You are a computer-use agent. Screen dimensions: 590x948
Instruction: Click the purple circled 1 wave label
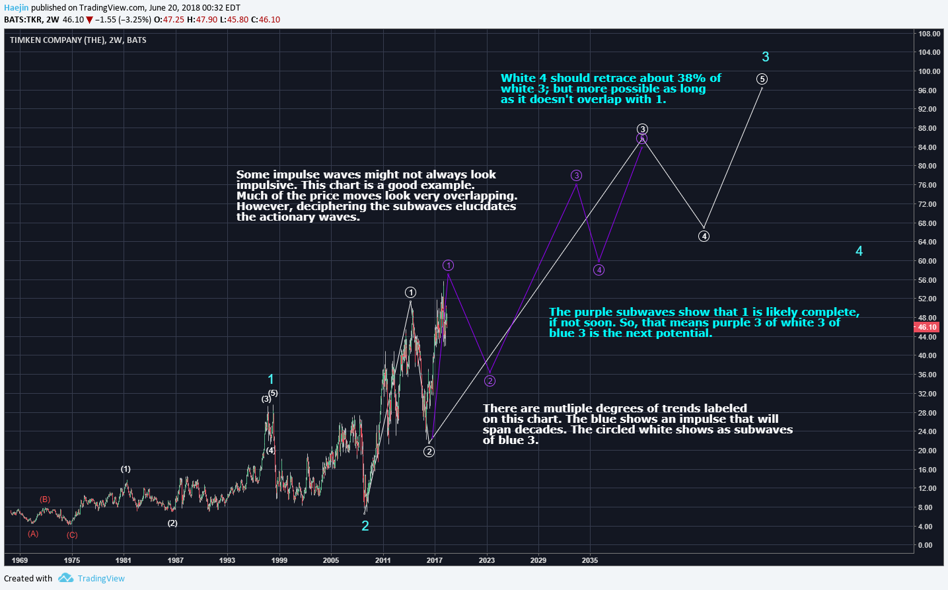point(448,266)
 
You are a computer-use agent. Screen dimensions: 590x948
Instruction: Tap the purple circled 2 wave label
point(490,381)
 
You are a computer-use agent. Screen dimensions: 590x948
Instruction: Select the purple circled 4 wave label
point(599,270)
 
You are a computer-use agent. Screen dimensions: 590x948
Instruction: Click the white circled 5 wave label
point(762,79)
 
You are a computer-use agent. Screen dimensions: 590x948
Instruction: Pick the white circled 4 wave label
point(704,236)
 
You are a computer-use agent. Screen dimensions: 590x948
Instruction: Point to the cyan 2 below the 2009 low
point(365,526)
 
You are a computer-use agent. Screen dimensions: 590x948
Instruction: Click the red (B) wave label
point(45,499)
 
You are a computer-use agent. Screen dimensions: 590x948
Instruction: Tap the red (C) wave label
point(72,535)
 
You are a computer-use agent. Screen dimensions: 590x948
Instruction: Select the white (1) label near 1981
point(126,469)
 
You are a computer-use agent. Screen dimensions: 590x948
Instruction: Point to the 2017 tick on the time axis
point(435,560)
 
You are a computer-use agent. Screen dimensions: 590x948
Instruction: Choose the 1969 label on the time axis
point(20,560)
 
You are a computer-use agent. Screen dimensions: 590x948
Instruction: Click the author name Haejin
point(16,8)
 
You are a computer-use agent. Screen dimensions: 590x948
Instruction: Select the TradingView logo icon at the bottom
point(65,578)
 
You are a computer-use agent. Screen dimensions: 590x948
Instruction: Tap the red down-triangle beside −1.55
point(89,20)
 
